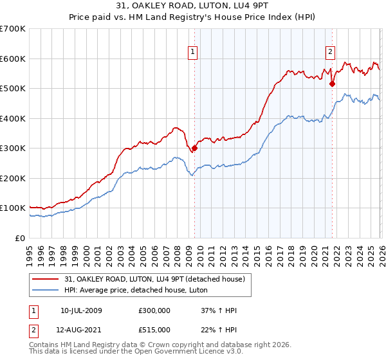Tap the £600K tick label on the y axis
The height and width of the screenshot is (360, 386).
(x=13, y=59)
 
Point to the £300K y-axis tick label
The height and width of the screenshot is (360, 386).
(x=13, y=148)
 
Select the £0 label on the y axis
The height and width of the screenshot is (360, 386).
(x=21, y=238)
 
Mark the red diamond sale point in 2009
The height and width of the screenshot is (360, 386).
(x=194, y=148)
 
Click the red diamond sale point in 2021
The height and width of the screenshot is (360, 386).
(x=332, y=84)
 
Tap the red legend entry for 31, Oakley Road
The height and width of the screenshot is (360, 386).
(x=154, y=280)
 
